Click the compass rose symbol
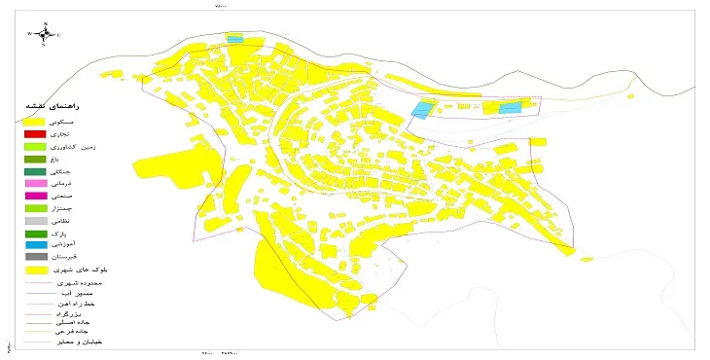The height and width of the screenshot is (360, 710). click(x=44, y=34)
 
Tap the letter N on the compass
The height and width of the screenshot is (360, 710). click(x=44, y=23)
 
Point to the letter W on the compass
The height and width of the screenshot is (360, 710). click(x=29, y=34)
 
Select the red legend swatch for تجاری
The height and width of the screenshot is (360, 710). click(x=35, y=133)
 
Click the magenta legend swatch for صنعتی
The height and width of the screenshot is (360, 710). click(x=35, y=196)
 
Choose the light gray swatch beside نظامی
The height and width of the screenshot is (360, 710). click(x=35, y=221)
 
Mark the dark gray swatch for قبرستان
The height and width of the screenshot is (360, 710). click(x=35, y=257)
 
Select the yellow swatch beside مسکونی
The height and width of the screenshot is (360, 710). click(x=35, y=120)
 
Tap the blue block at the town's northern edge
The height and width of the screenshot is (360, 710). click(x=234, y=39)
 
